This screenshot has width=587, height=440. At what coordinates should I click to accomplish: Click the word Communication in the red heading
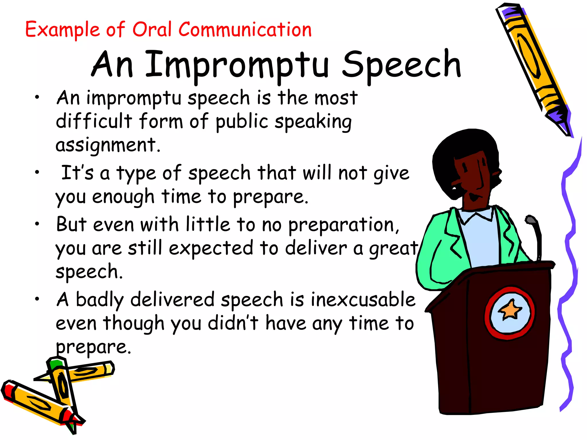pos(245,30)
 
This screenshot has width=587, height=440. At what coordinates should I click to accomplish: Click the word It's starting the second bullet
pos(77,173)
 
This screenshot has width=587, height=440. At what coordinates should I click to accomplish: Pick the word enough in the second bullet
pos(123,197)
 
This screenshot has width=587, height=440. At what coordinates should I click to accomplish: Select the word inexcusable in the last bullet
pos(363,299)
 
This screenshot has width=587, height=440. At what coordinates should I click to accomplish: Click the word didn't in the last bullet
pos(233,323)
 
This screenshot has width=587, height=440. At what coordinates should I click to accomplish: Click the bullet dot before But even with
pos(37,224)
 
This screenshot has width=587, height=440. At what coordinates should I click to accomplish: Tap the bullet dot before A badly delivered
pos(37,299)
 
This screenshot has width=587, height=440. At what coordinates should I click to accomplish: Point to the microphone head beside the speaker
pos(531,220)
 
